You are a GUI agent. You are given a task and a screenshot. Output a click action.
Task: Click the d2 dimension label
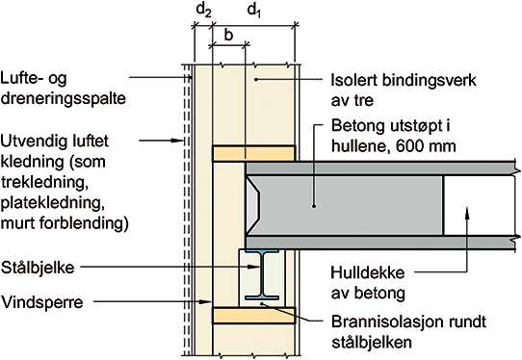(x=204, y=10)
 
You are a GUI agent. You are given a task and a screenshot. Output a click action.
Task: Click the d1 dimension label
(x=254, y=10)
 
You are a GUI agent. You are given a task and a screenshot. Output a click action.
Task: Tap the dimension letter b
(x=228, y=35)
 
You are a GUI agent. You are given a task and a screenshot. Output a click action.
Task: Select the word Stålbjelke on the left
(x=38, y=268)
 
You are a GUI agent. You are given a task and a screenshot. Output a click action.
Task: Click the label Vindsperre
(x=42, y=302)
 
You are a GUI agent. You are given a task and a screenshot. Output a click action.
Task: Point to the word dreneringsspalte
(x=64, y=98)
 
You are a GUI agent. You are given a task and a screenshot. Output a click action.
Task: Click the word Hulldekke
(x=368, y=272)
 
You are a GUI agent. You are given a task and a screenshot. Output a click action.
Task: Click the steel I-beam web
(x=262, y=274)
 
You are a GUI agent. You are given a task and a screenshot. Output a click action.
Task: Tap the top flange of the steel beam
(x=262, y=251)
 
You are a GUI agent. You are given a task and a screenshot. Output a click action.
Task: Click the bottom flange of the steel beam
(x=262, y=297)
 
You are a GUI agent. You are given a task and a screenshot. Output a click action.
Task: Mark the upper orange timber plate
(x=253, y=154)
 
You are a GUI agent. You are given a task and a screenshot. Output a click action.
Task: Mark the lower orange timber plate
(x=253, y=316)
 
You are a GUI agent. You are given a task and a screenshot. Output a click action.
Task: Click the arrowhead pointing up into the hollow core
(x=467, y=213)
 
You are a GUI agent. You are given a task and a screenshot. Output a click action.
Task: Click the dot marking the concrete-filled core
(x=314, y=206)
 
